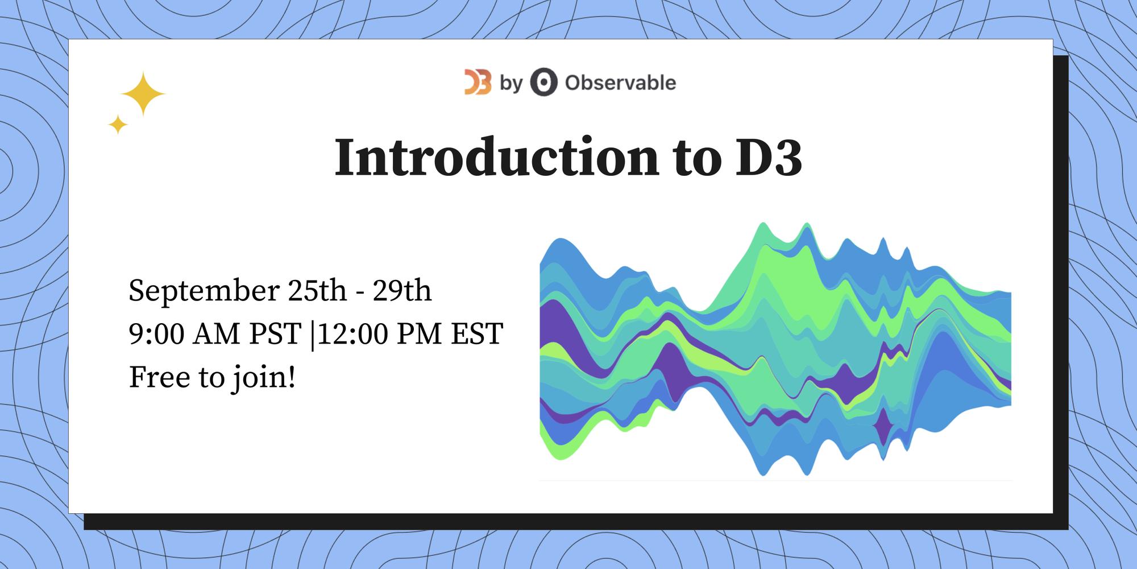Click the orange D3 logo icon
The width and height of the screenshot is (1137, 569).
pos(478,83)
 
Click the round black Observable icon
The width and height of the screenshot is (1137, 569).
pos(543,83)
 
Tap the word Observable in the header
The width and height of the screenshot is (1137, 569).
pos(620,83)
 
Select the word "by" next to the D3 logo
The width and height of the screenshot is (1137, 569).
pos(511,84)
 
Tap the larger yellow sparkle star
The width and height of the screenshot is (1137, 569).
pos(143,94)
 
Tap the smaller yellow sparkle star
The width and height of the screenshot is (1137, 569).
pos(118,124)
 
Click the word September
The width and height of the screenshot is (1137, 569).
pos(204,292)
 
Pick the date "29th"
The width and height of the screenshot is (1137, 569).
pos(402,291)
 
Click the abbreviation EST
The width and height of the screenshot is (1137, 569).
pos(477,334)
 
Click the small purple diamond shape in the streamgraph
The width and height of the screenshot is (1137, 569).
pos(883,424)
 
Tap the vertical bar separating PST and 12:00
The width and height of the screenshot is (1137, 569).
pos(312,335)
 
